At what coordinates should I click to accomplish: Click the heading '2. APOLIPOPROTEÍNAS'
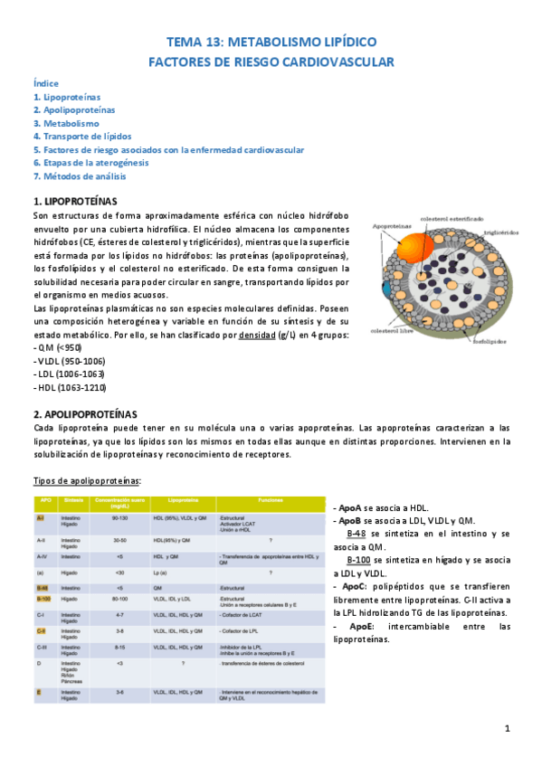click(x=84, y=413)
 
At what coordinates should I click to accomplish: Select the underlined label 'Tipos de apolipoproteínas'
click(x=87, y=480)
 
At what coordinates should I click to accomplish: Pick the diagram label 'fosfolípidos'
click(x=490, y=342)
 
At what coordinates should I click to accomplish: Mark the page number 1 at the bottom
click(x=508, y=729)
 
